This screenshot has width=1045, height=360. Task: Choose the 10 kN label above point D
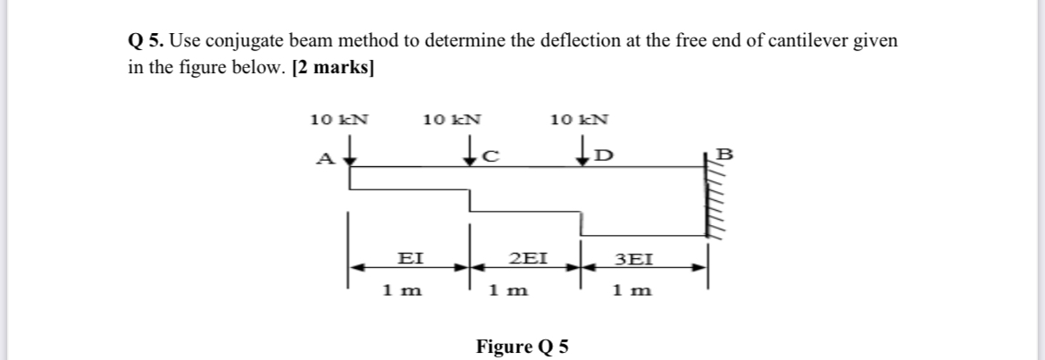click(x=581, y=119)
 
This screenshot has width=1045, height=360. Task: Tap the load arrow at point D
click(x=584, y=149)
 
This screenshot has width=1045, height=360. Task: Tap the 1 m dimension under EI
click(x=402, y=290)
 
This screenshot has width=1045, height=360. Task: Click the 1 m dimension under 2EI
click(x=509, y=290)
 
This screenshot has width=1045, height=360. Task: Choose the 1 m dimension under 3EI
click(x=632, y=290)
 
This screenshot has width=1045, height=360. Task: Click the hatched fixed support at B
click(x=712, y=197)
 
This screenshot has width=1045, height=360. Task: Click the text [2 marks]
click(x=332, y=70)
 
